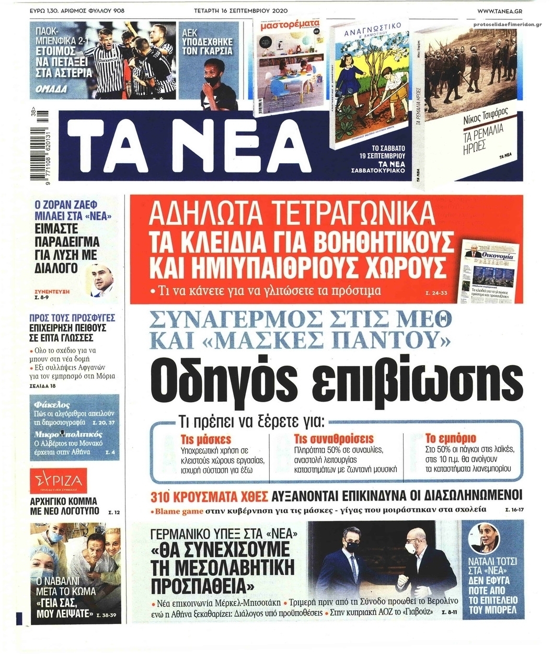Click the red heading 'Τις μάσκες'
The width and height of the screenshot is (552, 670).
205,439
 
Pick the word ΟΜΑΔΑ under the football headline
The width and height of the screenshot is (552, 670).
51,89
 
